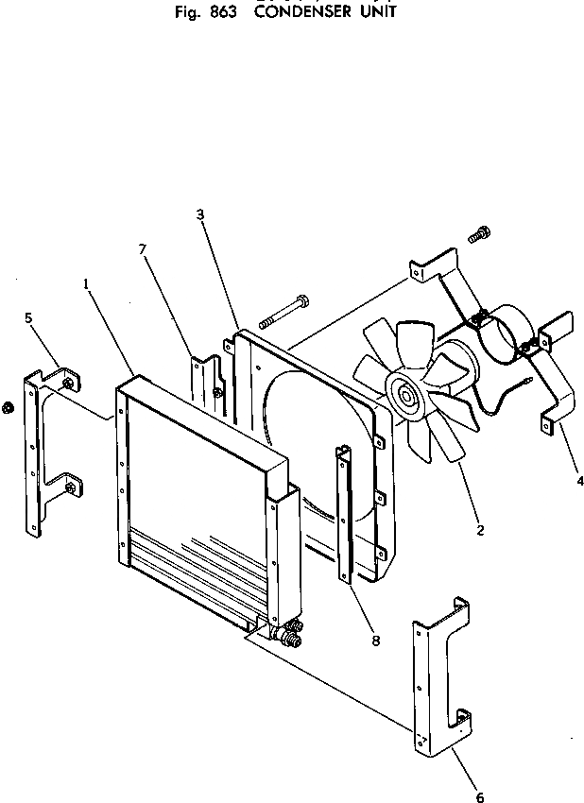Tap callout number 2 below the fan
[480, 529]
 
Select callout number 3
[200, 214]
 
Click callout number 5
[28, 318]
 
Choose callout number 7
[143, 249]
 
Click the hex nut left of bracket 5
[9, 407]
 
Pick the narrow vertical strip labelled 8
[344, 515]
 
